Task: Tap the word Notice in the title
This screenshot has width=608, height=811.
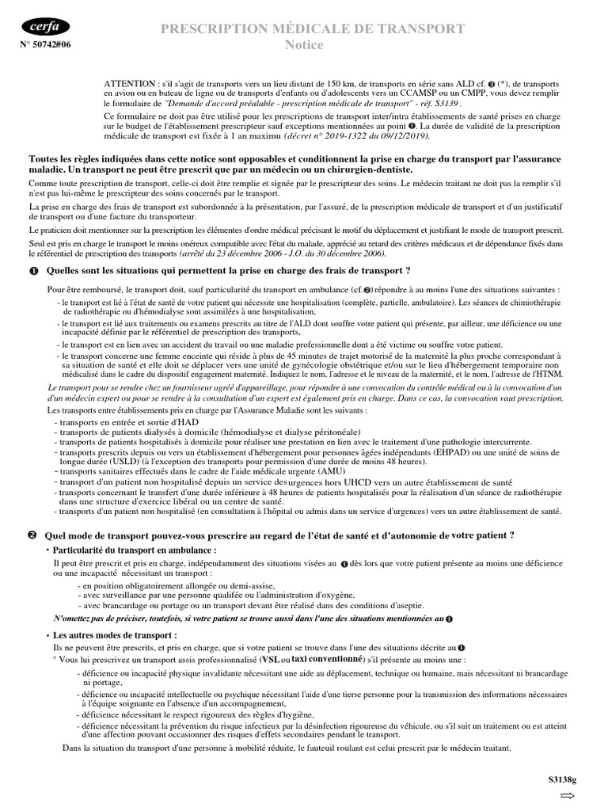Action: (304, 45)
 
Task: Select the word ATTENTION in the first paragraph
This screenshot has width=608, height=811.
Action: (131, 83)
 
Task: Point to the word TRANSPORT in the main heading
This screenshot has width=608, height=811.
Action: (420, 29)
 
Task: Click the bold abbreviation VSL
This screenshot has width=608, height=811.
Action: (271, 659)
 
